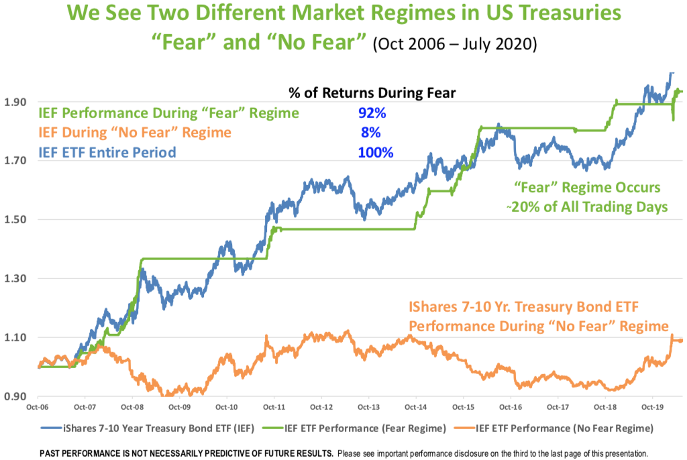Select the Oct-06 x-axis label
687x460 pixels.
[38, 406]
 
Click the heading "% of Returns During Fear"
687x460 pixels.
[372, 94]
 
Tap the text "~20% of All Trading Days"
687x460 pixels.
[586, 207]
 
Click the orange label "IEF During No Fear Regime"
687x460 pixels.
[135, 133]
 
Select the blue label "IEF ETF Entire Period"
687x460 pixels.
[107, 153]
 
